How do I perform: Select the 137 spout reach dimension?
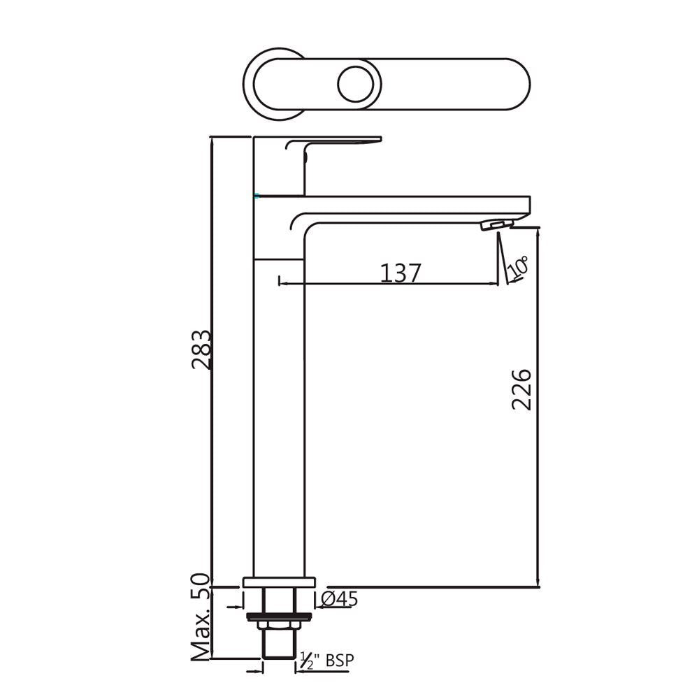point(401,273)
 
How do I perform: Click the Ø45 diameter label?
point(340,599)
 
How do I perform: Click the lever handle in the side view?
point(336,143)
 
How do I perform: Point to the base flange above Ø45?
point(279,582)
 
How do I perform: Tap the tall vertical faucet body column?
point(279,419)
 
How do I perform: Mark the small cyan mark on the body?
point(257,196)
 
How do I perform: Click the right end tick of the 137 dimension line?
point(499,284)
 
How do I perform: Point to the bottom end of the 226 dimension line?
point(538,586)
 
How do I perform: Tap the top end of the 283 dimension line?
point(211,137)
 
